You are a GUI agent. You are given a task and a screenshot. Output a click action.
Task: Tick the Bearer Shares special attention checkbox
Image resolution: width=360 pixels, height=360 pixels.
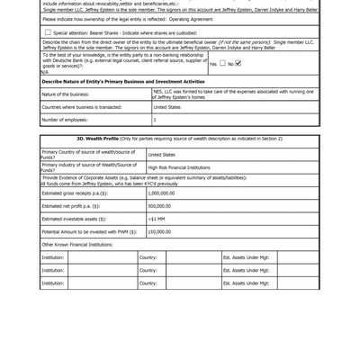click(48, 32)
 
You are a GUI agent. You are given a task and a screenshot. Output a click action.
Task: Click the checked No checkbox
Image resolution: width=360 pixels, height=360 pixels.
click(238, 63)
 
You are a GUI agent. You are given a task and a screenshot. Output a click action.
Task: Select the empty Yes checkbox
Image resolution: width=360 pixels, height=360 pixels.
click(222, 63)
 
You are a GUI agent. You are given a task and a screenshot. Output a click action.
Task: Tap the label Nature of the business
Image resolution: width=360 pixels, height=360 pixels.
click(65, 94)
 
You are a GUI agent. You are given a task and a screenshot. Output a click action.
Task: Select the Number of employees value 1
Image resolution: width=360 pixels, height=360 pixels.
click(155, 120)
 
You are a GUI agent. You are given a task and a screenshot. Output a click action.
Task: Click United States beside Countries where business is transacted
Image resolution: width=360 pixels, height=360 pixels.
click(166, 107)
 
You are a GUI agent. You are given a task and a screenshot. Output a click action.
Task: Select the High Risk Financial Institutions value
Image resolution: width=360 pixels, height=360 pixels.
click(178, 167)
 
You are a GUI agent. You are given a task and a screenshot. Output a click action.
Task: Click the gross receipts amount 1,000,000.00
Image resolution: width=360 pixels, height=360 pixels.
click(161, 193)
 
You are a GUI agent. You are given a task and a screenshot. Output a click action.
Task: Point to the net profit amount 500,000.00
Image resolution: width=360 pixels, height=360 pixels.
click(159, 205)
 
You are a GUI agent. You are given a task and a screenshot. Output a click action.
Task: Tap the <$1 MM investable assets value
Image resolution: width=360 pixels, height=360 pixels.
click(156, 219)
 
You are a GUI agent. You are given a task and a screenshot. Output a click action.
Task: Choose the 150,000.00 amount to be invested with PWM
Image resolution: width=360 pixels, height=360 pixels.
click(159, 231)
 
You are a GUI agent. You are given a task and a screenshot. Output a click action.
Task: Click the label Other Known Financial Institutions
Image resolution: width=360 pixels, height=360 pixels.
click(76, 244)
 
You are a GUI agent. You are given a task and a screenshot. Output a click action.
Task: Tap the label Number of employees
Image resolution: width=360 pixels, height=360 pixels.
click(65, 120)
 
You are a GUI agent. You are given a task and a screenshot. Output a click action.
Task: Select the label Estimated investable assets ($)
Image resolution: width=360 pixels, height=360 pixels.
click(74, 219)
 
